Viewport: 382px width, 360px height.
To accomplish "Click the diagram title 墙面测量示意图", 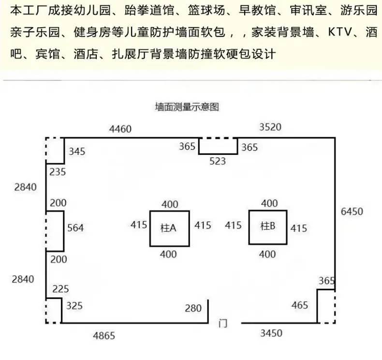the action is tap(187, 107).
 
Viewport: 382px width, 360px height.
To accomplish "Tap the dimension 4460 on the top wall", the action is tap(120, 129).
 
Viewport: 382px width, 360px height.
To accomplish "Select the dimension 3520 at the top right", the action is tap(270, 127).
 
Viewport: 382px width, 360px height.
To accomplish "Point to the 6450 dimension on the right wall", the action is tap(352, 211).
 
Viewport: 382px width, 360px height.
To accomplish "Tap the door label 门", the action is tap(223, 323).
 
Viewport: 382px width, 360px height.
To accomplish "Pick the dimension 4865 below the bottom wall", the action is tap(104, 336).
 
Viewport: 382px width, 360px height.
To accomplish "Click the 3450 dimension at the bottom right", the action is tap(271, 333).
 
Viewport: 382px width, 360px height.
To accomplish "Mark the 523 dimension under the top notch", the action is tap(218, 161).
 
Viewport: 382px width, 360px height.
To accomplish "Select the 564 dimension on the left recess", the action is tap(75, 228).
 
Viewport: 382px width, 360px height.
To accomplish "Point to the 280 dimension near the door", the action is tap(193, 308).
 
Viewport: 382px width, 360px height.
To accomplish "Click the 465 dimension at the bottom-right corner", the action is tap(300, 305).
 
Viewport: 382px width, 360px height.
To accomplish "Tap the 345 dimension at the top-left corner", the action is tap(77, 151).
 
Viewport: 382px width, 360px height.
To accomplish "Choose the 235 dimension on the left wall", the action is tap(58, 172).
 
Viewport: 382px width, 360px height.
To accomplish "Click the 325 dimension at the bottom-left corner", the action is tap(74, 306).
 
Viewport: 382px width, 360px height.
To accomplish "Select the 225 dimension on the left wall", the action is tap(60, 289).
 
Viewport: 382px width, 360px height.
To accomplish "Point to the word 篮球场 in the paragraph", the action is tap(206, 11).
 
